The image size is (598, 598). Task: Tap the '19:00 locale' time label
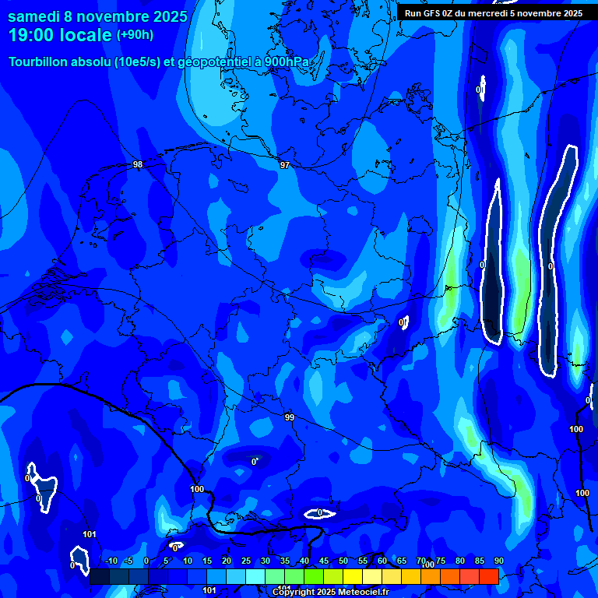pyautogui.click(x=60, y=35)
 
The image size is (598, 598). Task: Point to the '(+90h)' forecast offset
pyautogui.click(x=135, y=35)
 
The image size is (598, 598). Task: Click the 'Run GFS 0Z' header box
pyautogui.click(x=494, y=12)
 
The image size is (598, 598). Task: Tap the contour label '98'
pyautogui.click(x=138, y=164)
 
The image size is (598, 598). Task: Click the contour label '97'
pyautogui.click(x=285, y=165)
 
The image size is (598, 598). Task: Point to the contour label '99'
pyautogui.click(x=290, y=418)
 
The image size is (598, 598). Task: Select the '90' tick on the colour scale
pyautogui.click(x=498, y=561)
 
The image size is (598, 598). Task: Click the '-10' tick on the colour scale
pyautogui.click(x=111, y=561)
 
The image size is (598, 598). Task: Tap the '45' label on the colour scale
pyautogui.click(x=324, y=561)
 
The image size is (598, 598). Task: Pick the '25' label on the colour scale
pyautogui.click(x=246, y=561)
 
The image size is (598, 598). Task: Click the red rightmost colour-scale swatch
pyautogui.click(x=489, y=576)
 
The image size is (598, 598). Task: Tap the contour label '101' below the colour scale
pyautogui.click(x=209, y=591)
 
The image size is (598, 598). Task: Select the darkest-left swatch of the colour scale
pyautogui.click(x=99, y=576)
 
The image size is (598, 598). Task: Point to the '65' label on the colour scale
pyautogui.click(x=402, y=561)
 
